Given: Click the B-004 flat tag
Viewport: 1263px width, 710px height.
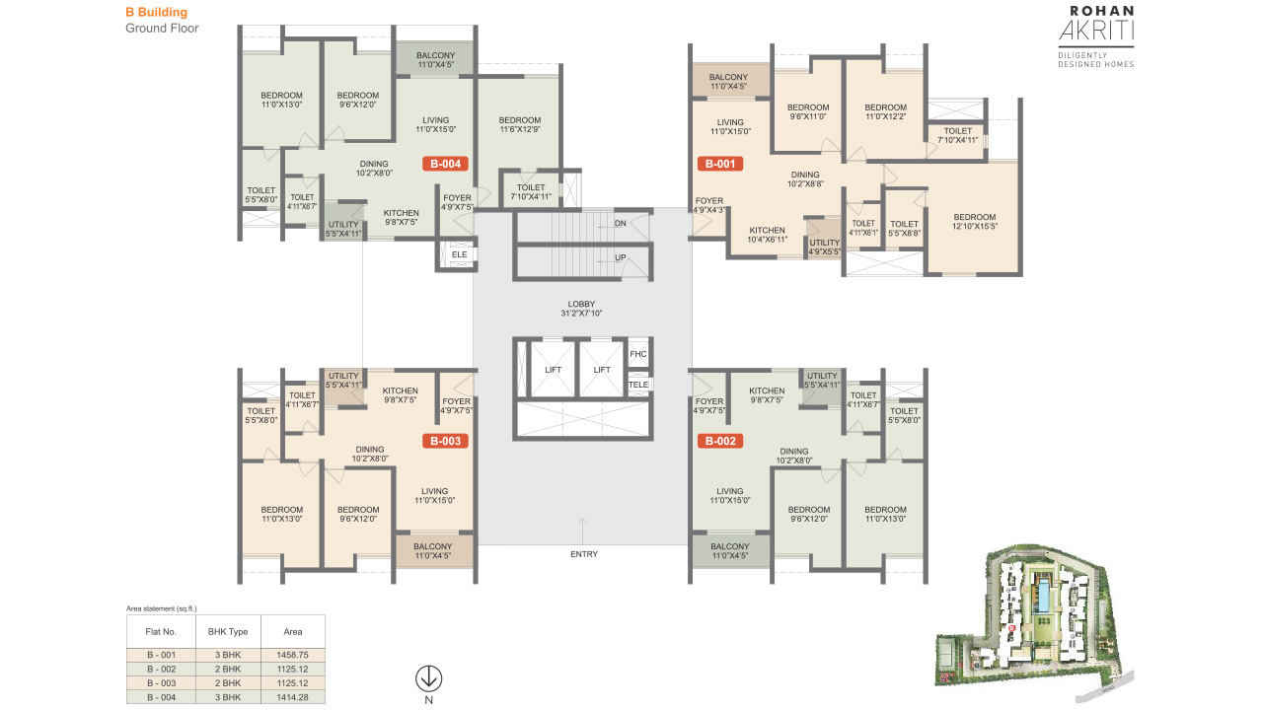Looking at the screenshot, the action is pos(445,164).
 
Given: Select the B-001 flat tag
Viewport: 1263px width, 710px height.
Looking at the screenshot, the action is pos(720,164).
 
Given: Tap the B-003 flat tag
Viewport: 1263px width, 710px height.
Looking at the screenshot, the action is pos(445,441).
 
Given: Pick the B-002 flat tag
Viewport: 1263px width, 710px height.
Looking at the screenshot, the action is pos(720,441).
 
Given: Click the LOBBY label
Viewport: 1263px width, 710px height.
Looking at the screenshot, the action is pos(581,304).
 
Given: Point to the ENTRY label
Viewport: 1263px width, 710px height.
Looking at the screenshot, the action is pos(584,554).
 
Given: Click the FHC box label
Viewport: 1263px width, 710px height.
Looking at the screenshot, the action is pos(638,354).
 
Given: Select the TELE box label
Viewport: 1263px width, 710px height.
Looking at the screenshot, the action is pos(638,385).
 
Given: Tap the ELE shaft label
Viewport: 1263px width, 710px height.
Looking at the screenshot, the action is pos(460,254).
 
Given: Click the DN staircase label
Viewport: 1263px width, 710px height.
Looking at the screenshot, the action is pos(621,224).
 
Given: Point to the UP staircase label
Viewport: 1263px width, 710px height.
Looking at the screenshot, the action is pos(621,258).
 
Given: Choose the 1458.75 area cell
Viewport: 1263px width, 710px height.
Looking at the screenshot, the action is pos(293,656).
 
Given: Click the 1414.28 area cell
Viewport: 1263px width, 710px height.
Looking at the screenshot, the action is pos(293,697).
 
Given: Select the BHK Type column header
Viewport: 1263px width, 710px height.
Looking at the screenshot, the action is pos(228,632).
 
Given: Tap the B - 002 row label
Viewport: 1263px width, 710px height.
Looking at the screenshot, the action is pos(161,670).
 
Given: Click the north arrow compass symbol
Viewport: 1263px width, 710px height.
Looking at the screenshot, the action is pos(428,679).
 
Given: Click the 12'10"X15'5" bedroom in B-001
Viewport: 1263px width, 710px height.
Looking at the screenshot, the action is pos(974,222).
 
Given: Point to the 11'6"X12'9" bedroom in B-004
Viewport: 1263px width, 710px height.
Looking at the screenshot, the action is pos(520,125).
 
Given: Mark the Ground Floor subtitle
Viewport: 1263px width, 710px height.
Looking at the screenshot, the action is pos(162,29).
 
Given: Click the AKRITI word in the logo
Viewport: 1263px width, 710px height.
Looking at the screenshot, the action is pos(1096,31).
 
